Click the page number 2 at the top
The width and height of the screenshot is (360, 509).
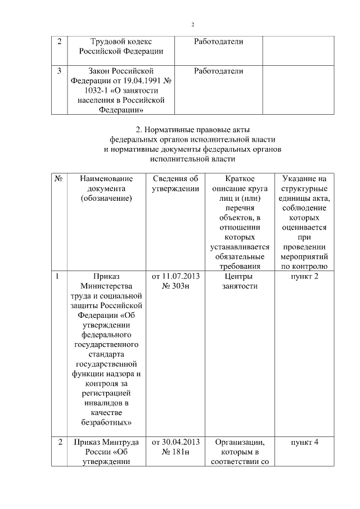click(x=192, y=25)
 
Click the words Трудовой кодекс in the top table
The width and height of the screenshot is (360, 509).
click(x=121, y=42)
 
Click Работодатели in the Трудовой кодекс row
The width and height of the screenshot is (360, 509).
click(x=218, y=42)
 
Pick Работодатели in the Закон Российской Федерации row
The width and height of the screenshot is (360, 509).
click(x=218, y=71)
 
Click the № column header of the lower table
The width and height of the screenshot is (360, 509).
click(x=58, y=178)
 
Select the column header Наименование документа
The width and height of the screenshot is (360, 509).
click(x=106, y=188)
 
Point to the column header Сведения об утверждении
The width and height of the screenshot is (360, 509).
click(x=175, y=183)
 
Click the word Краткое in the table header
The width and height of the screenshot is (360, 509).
click(x=239, y=178)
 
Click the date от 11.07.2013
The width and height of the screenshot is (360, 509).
click(x=175, y=277)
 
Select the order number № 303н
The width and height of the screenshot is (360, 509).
click(x=175, y=286)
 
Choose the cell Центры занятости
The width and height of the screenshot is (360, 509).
click(x=239, y=281)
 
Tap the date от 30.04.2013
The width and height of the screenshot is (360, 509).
click(x=175, y=442)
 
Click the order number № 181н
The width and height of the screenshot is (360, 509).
click(x=175, y=452)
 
